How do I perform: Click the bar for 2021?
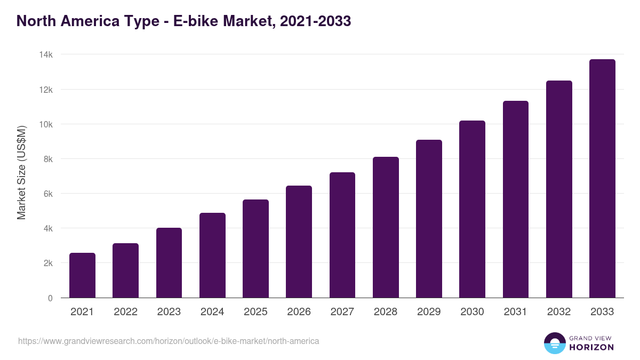click(82, 275)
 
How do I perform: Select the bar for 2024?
click(212, 255)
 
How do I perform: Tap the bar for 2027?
click(342, 235)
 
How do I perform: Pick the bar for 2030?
click(472, 209)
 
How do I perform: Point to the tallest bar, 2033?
click(602, 179)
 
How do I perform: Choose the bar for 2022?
click(125, 270)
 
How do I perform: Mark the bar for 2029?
click(429, 219)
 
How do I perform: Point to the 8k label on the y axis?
click(48, 159)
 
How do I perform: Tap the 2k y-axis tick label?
click(48, 263)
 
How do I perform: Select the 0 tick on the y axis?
click(50, 298)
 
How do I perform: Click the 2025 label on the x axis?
click(255, 312)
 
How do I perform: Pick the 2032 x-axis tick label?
click(559, 312)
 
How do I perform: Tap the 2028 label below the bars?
click(386, 312)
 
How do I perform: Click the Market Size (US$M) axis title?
click(21, 173)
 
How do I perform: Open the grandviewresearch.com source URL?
click(169, 341)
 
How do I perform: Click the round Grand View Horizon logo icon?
click(554, 343)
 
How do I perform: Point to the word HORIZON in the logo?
click(591, 347)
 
